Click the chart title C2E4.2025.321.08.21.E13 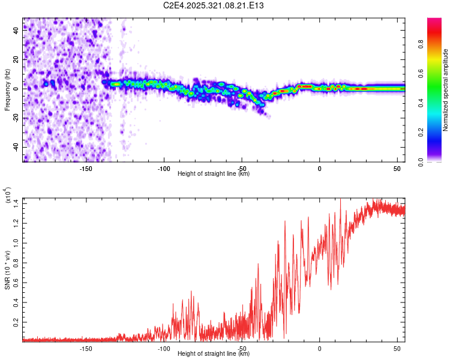(x=214, y=5)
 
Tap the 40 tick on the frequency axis (x=16, y=31)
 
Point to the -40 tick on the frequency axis (x=15, y=148)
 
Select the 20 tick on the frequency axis (x=16, y=60)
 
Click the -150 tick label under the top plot (x=85, y=169)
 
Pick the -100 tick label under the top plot (x=163, y=169)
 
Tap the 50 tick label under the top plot (x=397, y=169)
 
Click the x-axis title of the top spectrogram (x=214, y=174)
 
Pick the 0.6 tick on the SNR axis (x=16, y=283)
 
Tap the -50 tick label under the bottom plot (x=241, y=349)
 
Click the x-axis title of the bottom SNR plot (x=214, y=354)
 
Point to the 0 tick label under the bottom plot (x=320, y=349)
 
